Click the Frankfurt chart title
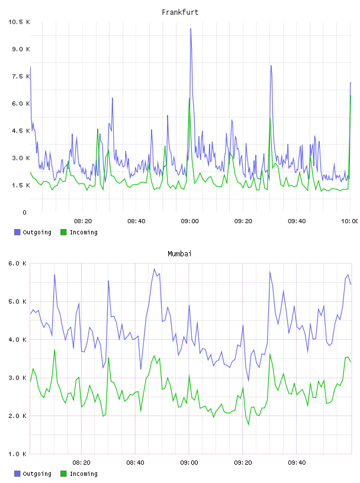[x=180, y=12]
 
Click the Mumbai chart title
[x=179, y=254]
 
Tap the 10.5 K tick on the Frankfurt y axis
[x=19, y=22]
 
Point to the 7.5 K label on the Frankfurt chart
[x=21, y=76]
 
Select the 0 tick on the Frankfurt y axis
[x=24, y=212]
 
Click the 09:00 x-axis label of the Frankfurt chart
[x=189, y=221]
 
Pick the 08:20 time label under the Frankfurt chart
[x=83, y=221]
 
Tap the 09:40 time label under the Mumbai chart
[x=297, y=463]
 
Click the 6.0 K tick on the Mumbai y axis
[x=18, y=263]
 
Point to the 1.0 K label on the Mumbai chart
[x=18, y=454]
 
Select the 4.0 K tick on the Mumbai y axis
[x=18, y=339]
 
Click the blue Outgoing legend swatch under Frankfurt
[x=17, y=232]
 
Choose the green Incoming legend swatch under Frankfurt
[x=63, y=232]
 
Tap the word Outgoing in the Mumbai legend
[x=37, y=474]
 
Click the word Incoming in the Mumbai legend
[x=83, y=474]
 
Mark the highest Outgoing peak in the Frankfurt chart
[x=191, y=28]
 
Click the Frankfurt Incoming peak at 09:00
[x=189, y=99]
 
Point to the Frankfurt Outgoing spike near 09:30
[x=271, y=65]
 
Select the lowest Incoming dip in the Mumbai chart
[x=249, y=425]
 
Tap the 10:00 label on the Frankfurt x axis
[x=349, y=221]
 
